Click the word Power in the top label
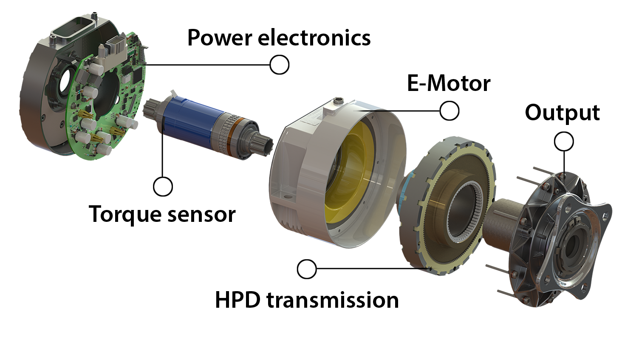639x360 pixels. pos(220,38)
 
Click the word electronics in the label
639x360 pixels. pos(314,38)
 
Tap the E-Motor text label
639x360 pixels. pos(449,83)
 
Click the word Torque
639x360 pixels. pos(125,215)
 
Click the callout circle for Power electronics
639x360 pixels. pos(279,65)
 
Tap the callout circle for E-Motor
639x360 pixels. pos(450,111)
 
